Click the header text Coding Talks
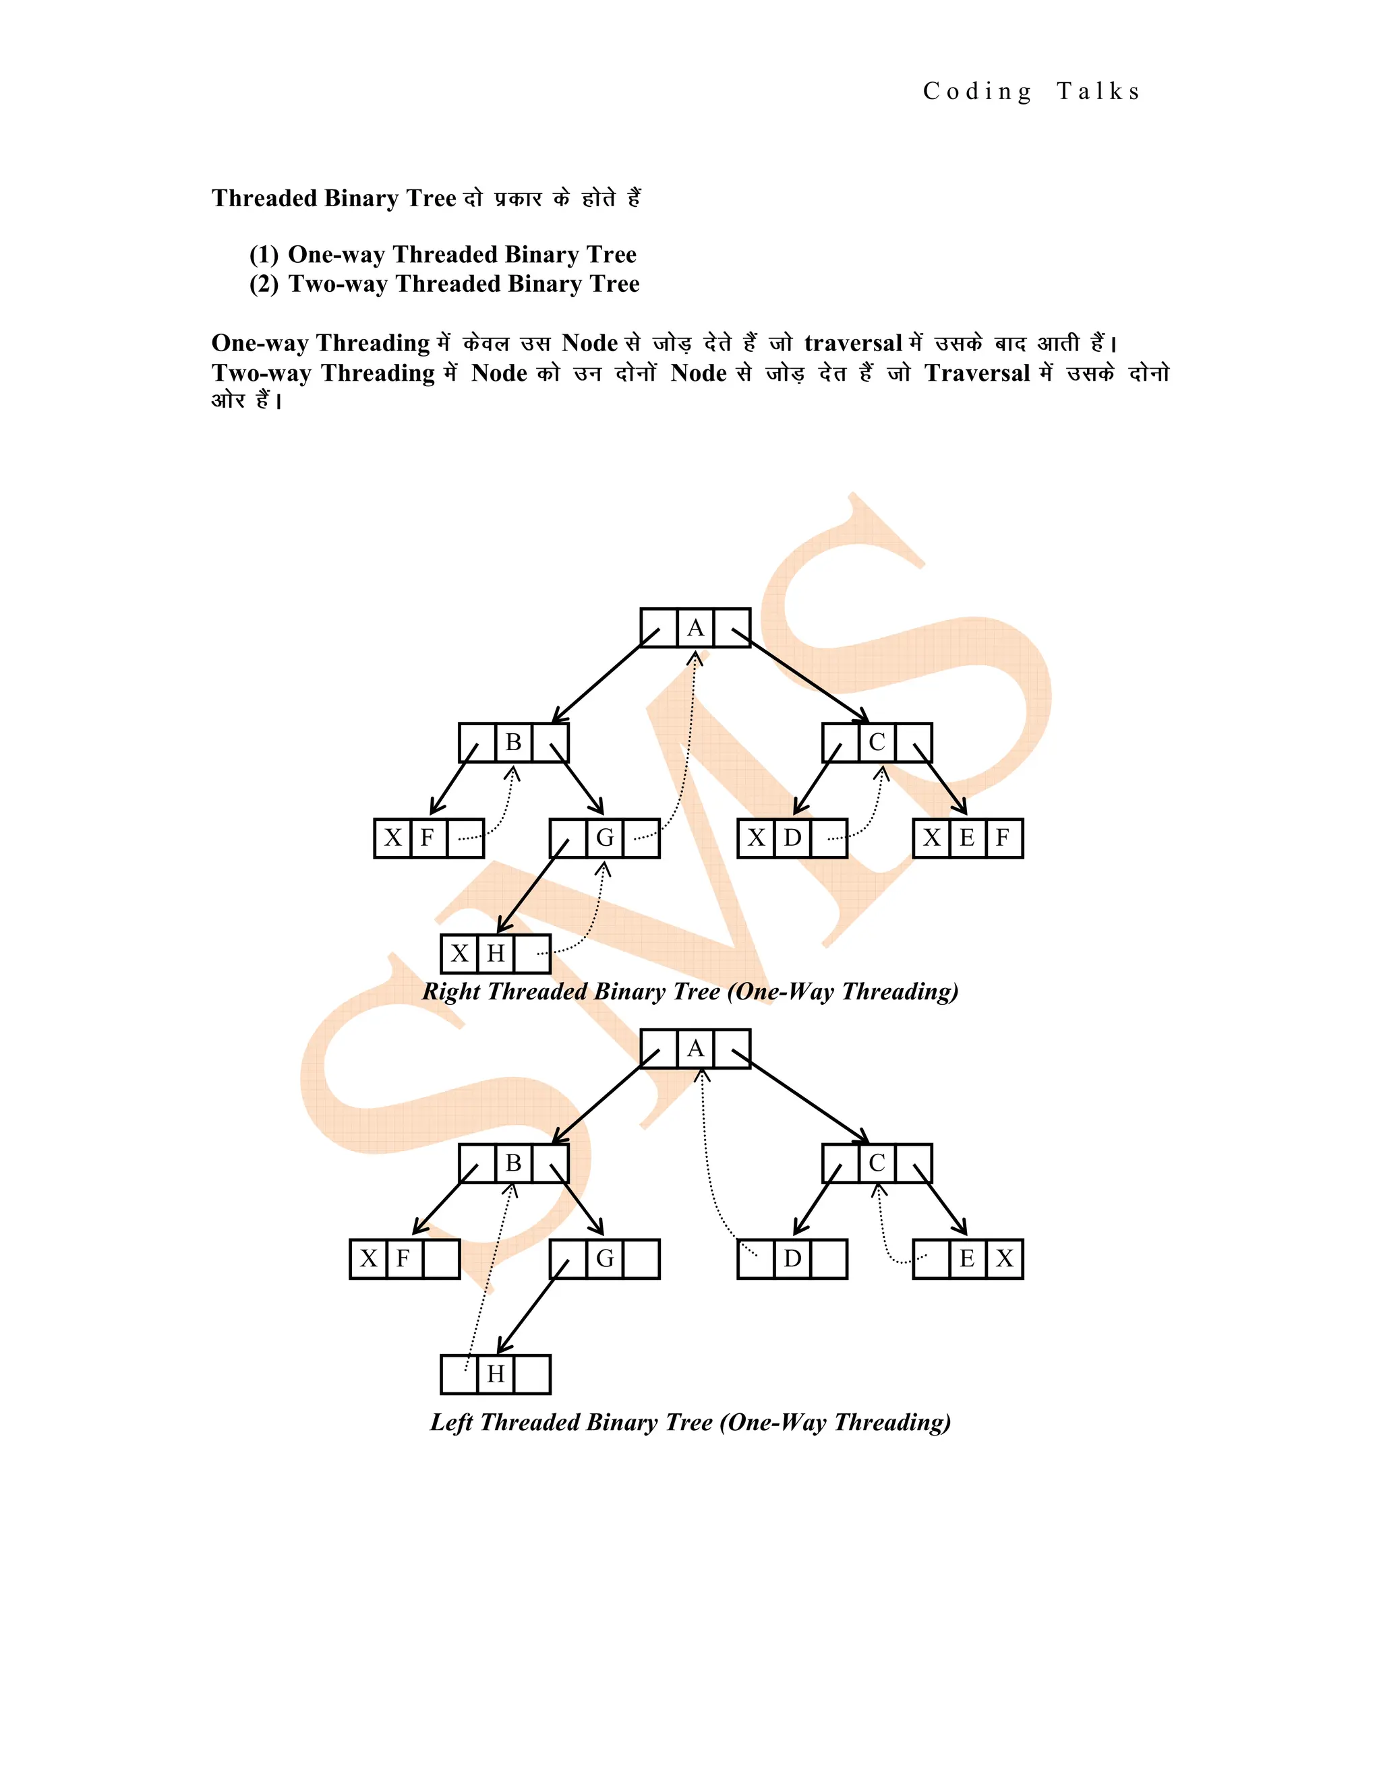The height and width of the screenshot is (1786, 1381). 1031,92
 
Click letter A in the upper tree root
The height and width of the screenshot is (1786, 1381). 695,628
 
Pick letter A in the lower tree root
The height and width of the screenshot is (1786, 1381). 695,1049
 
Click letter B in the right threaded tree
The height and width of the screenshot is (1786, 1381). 513,743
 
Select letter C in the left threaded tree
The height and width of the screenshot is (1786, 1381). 876,1163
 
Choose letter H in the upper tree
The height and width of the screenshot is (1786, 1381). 495,954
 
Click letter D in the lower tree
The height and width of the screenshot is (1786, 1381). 792,1258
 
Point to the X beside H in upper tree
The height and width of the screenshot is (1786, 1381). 460,954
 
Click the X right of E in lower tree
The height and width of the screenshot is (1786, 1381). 1005,1258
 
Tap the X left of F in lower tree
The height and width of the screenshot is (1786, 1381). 369,1258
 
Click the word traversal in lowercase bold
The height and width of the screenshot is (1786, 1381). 852,344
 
